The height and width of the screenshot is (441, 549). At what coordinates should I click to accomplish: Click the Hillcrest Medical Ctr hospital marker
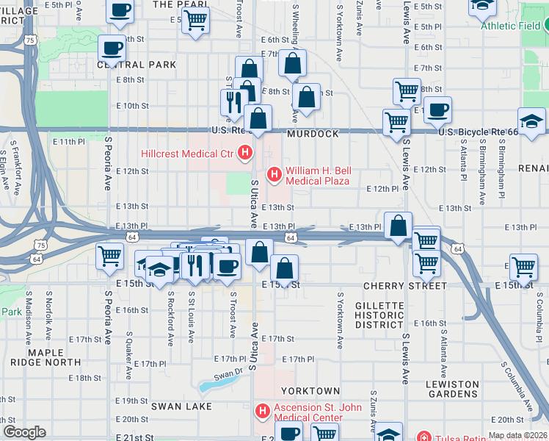[245, 154]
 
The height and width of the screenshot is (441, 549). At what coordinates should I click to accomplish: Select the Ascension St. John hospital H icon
[261, 410]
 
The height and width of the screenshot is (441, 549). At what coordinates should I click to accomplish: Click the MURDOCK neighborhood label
[313, 135]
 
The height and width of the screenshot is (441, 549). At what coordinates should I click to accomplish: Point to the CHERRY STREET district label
[405, 285]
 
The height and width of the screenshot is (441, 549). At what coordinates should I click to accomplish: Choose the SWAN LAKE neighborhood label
[181, 406]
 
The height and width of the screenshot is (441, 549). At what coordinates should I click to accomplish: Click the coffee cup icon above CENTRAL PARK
[112, 47]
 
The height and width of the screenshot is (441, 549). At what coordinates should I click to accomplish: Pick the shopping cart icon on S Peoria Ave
[110, 257]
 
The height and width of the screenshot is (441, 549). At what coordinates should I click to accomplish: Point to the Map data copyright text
[517, 435]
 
